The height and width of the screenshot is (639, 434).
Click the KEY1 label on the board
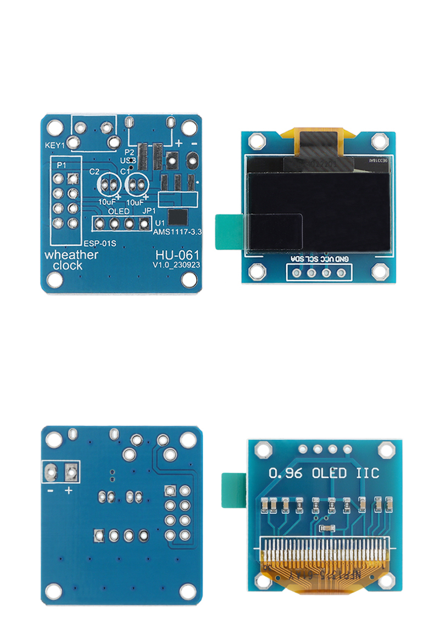pyautogui.click(x=54, y=146)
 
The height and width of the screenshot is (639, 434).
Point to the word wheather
pyautogui.click(x=71, y=255)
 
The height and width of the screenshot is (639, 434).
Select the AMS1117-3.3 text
pyautogui.click(x=177, y=233)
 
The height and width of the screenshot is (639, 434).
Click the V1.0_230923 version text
pyautogui.click(x=177, y=265)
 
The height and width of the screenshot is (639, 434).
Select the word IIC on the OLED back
pyautogui.click(x=368, y=472)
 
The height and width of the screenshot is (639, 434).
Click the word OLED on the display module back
pyautogui.click(x=329, y=472)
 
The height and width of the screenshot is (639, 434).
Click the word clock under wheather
pyautogui.click(x=68, y=265)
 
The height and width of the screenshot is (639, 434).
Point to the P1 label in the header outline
pyautogui.click(x=61, y=164)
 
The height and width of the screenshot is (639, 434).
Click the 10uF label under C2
pyautogui.click(x=107, y=202)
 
